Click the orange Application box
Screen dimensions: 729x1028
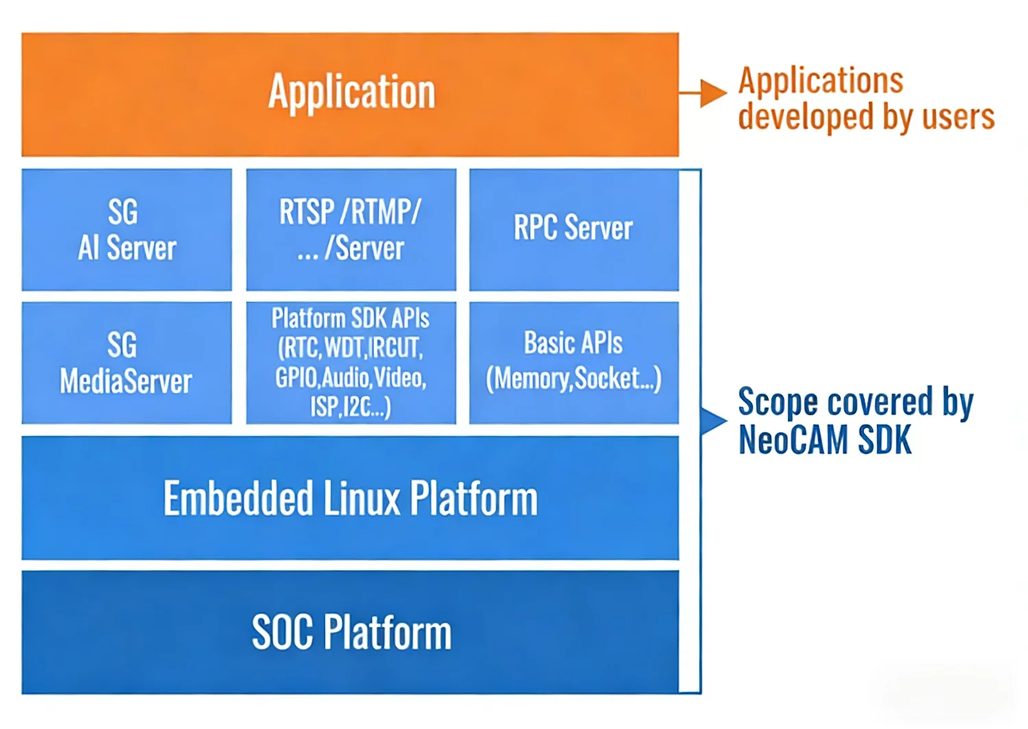click(350, 94)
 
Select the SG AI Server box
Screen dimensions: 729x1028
click(127, 230)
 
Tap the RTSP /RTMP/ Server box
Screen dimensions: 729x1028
click(351, 230)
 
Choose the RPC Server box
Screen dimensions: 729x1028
click(574, 230)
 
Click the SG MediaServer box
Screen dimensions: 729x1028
click(127, 363)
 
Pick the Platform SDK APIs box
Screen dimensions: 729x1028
click(351, 363)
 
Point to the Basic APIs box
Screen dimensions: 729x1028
click(574, 363)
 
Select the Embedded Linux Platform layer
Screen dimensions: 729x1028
click(350, 499)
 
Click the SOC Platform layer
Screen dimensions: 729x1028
click(350, 632)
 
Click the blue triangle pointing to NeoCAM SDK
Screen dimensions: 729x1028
click(713, 420)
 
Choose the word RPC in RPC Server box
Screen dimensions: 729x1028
click(535, 228)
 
